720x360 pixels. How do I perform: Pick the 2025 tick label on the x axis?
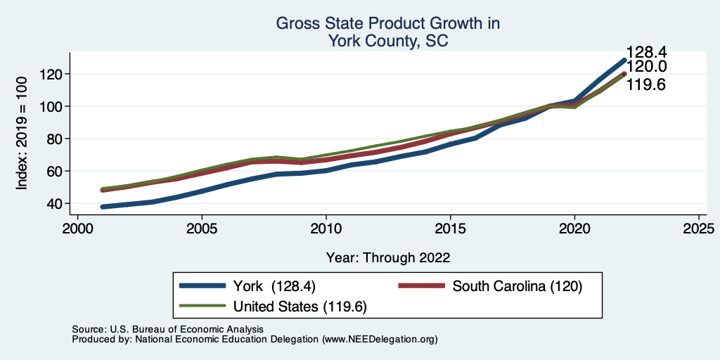(x=699, y=229)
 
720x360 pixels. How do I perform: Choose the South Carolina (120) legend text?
(x=518, y=286)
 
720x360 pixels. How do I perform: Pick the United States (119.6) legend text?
(x=300, y=306)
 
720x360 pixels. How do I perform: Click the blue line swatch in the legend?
(x=202, y=286)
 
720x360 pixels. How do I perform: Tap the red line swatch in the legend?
(x=422, y=286)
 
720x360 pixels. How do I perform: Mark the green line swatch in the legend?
(x=202, y=306)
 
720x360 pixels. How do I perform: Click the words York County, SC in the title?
(x=388, y=41)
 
